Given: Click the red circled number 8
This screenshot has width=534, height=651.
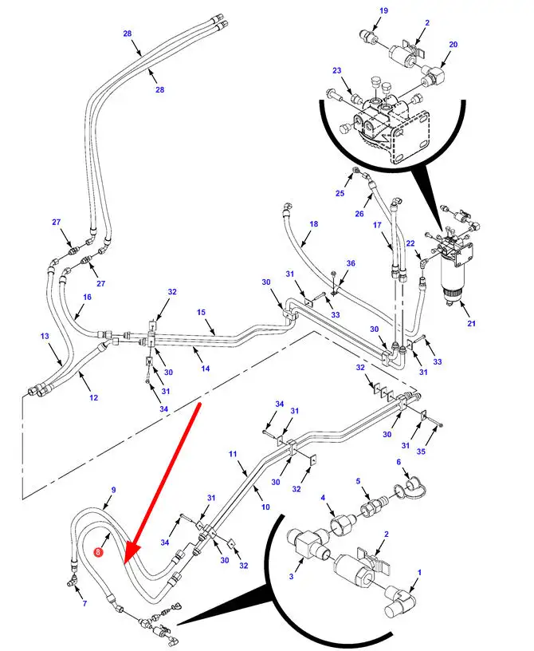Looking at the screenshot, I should click(x=98, y=551).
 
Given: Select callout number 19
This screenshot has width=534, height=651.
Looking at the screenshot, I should click(x=383, y=11).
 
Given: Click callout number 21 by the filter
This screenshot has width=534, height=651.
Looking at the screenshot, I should click(x=471, y=322).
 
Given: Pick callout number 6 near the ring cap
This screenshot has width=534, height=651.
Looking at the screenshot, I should click(x=399, y=462).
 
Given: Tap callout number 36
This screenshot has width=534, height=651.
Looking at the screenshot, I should click(x=350, y=263).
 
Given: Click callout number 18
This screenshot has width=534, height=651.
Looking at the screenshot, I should click(x=313, y=225).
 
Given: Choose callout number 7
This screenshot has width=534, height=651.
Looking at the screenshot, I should click(x=84, y=603).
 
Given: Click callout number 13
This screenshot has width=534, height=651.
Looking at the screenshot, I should click(x=45, y=337).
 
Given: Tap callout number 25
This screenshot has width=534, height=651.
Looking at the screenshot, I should click(x=340, y=194).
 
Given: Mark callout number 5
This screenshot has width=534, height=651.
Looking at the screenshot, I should click(x=359, y=481).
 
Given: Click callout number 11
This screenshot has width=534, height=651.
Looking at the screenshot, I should click(x=233, y=454).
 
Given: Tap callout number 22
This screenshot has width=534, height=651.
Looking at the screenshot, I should click(x=410, y=243).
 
